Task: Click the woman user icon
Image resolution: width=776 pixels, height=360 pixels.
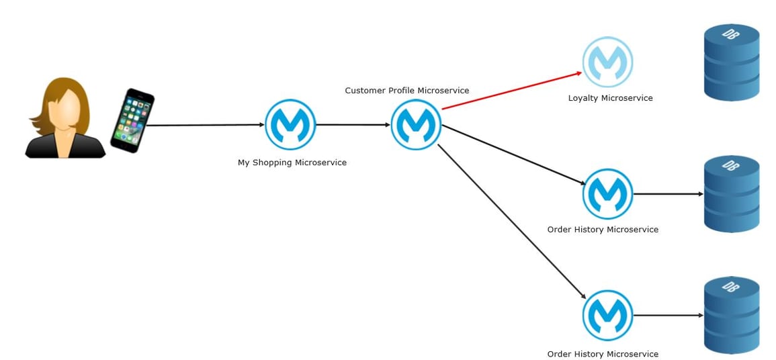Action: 65,119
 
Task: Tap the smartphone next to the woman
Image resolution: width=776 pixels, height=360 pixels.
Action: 132,121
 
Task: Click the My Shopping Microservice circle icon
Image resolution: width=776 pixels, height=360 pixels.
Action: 290,125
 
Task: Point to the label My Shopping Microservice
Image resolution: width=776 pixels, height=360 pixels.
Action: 292,163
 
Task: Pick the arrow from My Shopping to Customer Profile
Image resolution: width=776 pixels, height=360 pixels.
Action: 353,125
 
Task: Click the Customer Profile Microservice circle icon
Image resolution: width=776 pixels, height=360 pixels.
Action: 416,125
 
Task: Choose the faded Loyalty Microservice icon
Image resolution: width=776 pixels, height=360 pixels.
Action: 607,62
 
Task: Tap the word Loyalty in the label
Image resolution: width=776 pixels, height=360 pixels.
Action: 583,98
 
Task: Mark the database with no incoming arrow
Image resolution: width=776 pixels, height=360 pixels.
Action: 731,62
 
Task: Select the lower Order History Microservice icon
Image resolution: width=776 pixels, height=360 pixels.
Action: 607,315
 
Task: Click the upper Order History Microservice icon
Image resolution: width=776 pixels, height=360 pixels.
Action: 607,194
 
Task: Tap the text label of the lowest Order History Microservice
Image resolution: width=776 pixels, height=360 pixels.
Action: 603,354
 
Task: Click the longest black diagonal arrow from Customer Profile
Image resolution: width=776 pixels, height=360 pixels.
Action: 511,221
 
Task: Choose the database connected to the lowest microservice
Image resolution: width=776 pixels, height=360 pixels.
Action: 731,315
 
